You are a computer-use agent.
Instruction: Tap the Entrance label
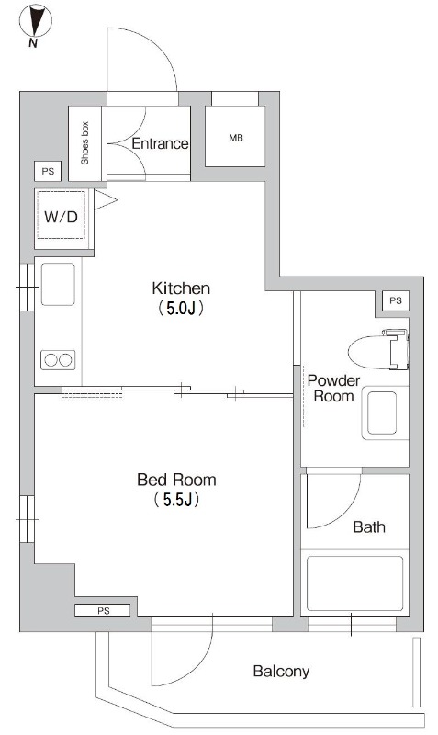[x=160, y=143]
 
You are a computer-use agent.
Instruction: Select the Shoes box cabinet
[x=84, y=143]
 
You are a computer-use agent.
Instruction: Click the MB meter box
[x=235, y=136]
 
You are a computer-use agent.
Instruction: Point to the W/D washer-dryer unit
[x=62, y=217]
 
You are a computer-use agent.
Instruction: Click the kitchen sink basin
[x=58, y=284]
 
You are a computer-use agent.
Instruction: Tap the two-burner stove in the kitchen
[x=58, y=360]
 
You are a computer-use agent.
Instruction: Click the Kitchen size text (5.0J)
[x=181, y=308]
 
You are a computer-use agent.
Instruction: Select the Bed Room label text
[x=176, y=480]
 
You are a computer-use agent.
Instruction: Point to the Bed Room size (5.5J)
[x=176, y=500]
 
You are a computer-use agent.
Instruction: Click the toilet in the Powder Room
[x=378, y=349]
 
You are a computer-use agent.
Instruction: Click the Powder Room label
[x=333, y=388]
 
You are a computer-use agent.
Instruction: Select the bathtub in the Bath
[x=355, y=583]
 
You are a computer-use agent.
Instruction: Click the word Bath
[x=369, y=526]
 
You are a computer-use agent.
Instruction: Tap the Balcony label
[x=281, y=672]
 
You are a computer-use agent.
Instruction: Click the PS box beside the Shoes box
[x=48, y=171]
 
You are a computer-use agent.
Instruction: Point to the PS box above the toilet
[x=396, y=300]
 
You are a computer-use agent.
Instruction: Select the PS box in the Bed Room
[x=103, y=610]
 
